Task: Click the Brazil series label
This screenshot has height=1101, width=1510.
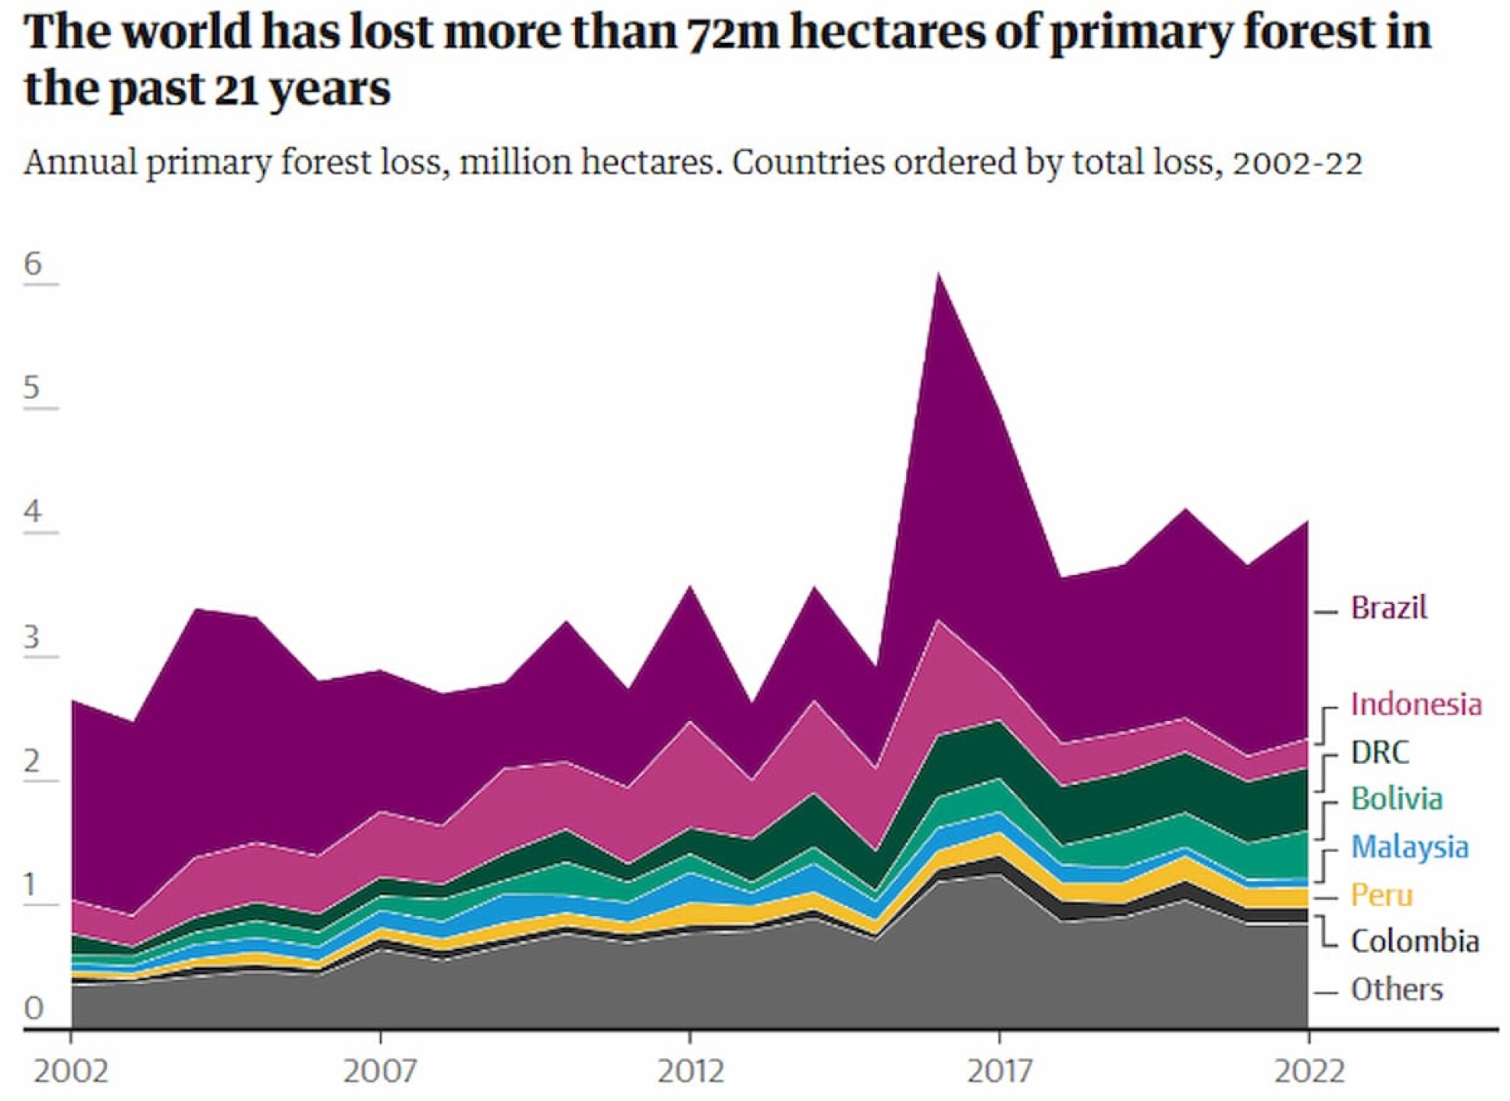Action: (1388, 609)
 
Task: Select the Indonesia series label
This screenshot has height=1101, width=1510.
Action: (1416, 705)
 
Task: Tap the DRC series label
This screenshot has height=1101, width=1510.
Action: (1379, 753)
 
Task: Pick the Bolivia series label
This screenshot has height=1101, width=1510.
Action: (1397, 800)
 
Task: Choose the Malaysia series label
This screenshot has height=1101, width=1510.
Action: (1410, 848)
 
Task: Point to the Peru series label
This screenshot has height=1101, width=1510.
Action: (1382, 895)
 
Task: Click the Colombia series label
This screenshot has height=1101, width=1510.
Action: (1414, 942)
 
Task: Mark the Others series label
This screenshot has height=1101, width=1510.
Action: (1397, 990)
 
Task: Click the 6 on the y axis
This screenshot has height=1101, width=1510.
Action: (33, 265)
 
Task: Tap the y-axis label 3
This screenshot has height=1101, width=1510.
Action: (32, 637)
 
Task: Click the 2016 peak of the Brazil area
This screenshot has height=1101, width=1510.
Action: (938, 277)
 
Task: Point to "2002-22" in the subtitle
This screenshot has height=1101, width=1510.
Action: (1297, 163)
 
